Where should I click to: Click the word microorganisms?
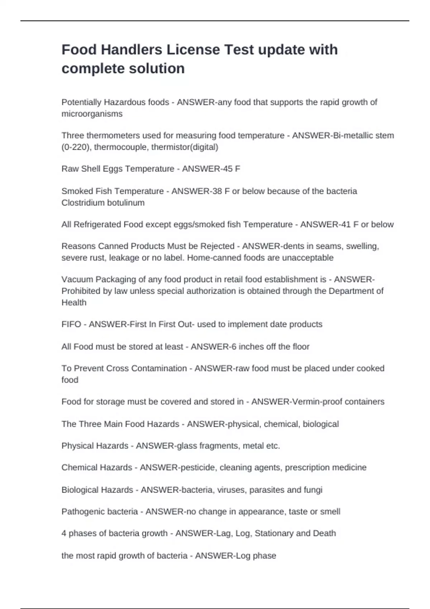[x=92, y=114]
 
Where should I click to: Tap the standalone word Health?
[x=74, y=303]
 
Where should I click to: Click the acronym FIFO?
[x=71, y=325]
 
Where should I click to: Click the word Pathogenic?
[x=81, y=512]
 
